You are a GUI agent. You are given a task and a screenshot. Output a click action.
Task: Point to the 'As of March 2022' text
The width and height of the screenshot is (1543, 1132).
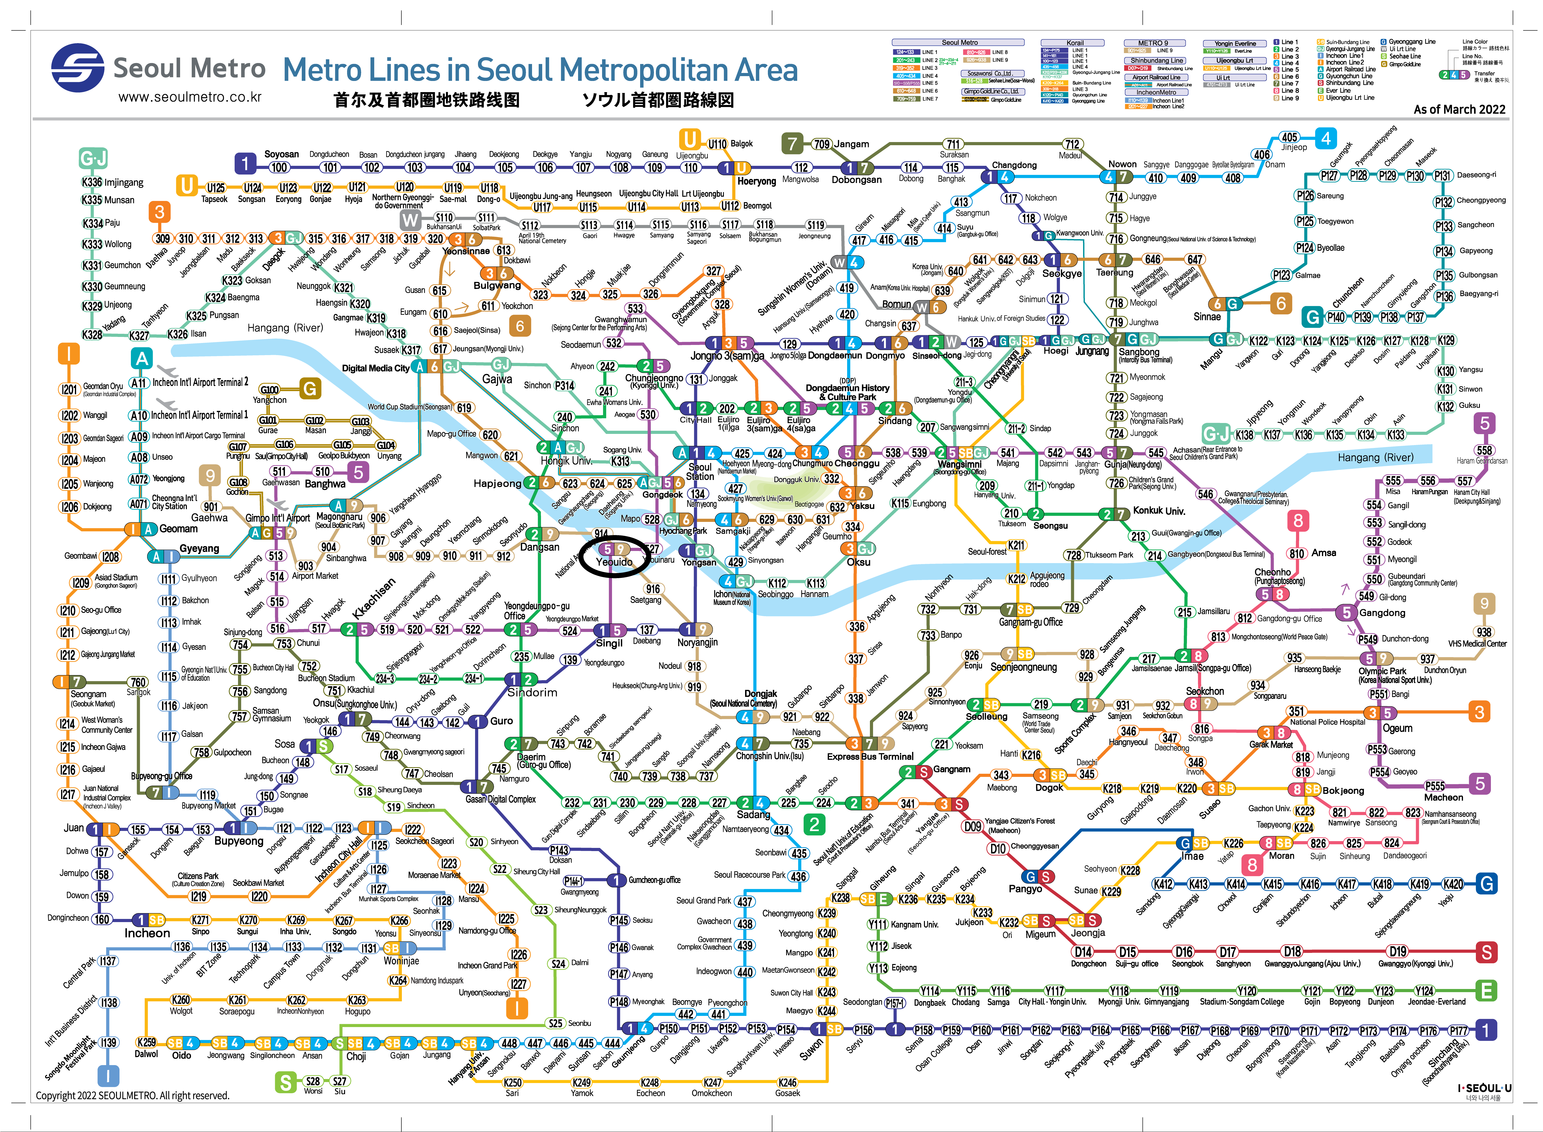(1459, 109)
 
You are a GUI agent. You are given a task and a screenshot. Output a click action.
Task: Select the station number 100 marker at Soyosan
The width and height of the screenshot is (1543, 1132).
(278, 167)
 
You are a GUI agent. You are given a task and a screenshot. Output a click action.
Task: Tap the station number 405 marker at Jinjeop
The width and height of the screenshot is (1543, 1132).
(1289, 137)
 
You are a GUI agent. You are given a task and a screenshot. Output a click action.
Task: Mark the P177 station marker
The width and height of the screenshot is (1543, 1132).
(1458, 1031)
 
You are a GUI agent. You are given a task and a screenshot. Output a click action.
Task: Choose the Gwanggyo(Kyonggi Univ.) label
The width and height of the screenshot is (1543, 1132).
(1415, 964)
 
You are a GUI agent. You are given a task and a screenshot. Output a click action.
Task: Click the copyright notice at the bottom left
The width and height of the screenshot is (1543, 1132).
(132, 1096)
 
